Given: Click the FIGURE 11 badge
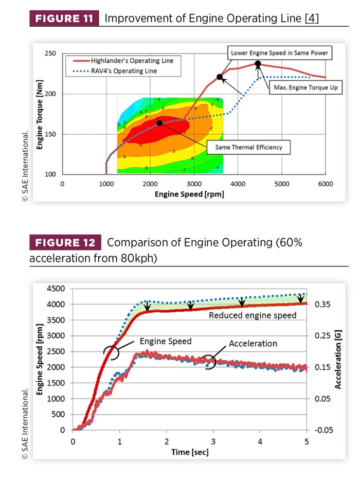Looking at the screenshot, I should (64, 20).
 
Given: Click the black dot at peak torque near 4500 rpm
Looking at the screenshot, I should (258, 64).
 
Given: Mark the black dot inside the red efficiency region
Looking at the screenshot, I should (159, 123).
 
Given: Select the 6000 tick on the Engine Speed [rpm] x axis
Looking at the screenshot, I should (326, 184).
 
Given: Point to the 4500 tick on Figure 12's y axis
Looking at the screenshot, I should (56, 289).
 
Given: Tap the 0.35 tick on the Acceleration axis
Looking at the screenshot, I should (322, 305).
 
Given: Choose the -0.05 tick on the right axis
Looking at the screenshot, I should (321, 430).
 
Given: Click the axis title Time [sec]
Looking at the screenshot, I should (190, 453).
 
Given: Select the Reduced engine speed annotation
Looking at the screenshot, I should (253, 315).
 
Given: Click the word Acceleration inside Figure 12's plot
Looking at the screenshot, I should (253, 343).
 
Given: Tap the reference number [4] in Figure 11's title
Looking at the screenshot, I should (312, 20).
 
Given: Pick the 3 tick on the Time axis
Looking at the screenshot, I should (213, 441).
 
